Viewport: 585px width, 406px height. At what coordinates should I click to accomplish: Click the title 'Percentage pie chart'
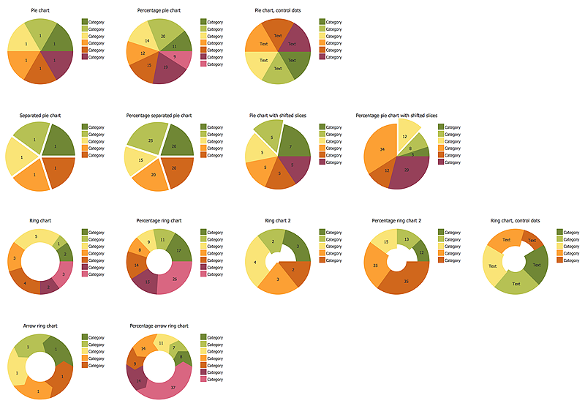[159, 10]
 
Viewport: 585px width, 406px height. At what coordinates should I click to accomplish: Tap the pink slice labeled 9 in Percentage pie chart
[175, 56]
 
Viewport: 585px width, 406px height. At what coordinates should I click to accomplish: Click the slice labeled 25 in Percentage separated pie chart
[150, 140]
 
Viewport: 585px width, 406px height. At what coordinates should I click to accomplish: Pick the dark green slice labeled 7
[292, 146]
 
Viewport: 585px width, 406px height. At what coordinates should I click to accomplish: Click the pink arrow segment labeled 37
[173, 386]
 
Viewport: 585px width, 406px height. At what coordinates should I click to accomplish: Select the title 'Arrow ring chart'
[39, 326]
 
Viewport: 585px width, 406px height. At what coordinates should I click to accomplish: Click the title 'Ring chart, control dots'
[515, 220]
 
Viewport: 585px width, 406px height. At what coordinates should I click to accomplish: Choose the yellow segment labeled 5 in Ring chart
[37, 237]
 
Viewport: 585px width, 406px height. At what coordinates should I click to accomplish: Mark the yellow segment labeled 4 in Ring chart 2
[255, 263]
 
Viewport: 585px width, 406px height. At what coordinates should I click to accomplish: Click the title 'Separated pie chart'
[40, 115]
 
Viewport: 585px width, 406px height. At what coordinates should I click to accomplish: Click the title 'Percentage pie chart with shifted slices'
[396, 115]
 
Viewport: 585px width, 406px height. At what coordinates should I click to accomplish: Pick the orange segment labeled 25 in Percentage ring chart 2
[375, 265]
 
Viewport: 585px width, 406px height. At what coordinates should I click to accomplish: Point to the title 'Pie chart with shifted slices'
[278, 115]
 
